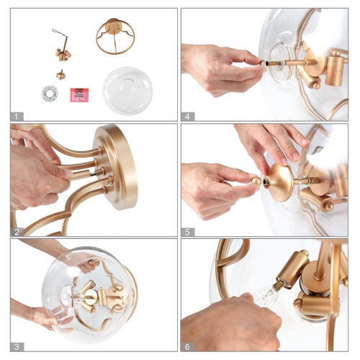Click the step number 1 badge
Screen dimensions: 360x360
tap(17, 115)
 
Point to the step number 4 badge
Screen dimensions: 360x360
tap(188, 115)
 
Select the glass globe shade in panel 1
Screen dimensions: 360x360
tap(127, 89)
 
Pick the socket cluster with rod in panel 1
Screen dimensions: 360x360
tap(63, 47)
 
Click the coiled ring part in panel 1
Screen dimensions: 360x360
tap(49, 94)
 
